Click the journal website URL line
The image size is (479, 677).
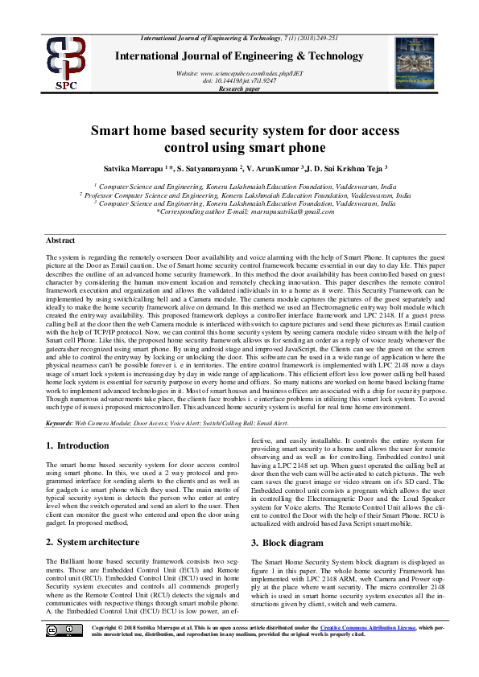[240, 73]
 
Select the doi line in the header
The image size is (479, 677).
[240, 80]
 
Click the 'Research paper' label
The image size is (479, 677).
[240, 88]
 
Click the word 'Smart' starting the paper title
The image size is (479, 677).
[113, 132]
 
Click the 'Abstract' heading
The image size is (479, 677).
[60, 240]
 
